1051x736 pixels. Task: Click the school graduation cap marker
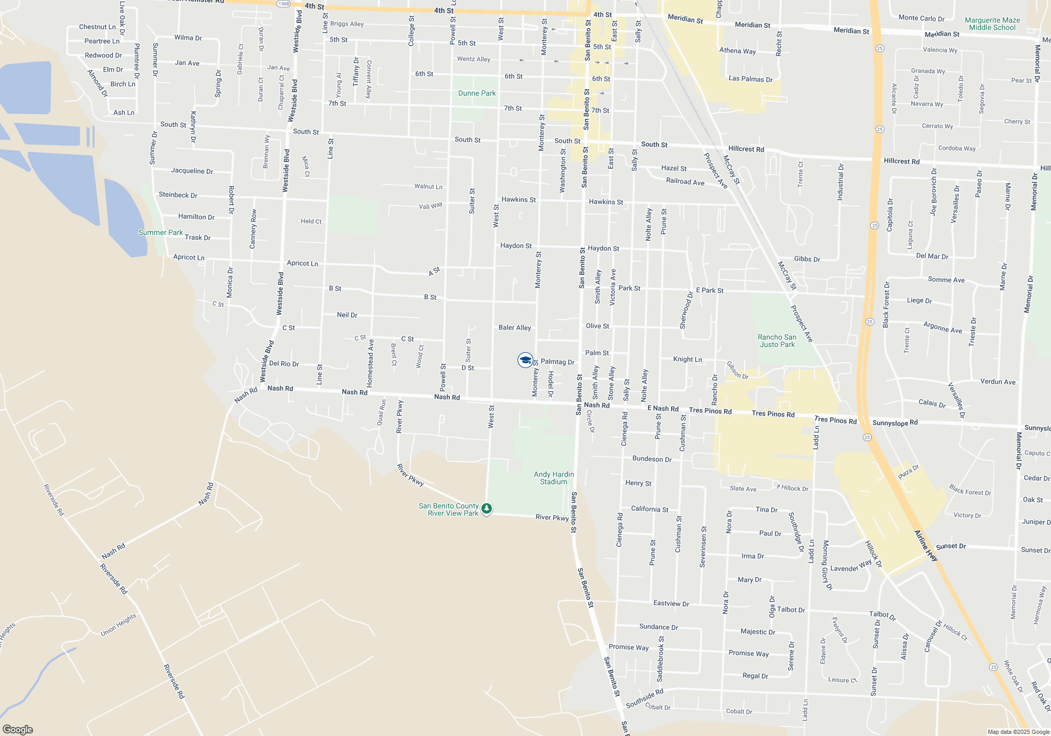pos(525,360)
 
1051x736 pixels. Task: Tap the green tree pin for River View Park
pos(487,508)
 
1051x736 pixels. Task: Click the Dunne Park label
pos(477,94)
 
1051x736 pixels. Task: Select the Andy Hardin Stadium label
pos(553,478)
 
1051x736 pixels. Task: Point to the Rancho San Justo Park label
pos(777,341)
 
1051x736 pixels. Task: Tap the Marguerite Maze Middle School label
pos(992,24)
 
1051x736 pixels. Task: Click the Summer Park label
pos(160,232)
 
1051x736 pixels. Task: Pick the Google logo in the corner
pos(17,729)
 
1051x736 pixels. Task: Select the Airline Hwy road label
pos(926,546)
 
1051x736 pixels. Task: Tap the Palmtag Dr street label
pos(557,362)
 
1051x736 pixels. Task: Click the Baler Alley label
pos(514,328)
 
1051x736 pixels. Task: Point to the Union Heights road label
pos(119,625)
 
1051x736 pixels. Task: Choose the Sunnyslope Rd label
pos(895,423)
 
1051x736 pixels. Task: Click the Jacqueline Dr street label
pos(192,171)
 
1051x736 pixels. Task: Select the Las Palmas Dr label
pos(750,79)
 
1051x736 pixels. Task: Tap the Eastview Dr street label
pos(671,604)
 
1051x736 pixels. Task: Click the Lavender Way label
pos(851,566)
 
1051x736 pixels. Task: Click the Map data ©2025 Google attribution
pos(1018,732)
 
